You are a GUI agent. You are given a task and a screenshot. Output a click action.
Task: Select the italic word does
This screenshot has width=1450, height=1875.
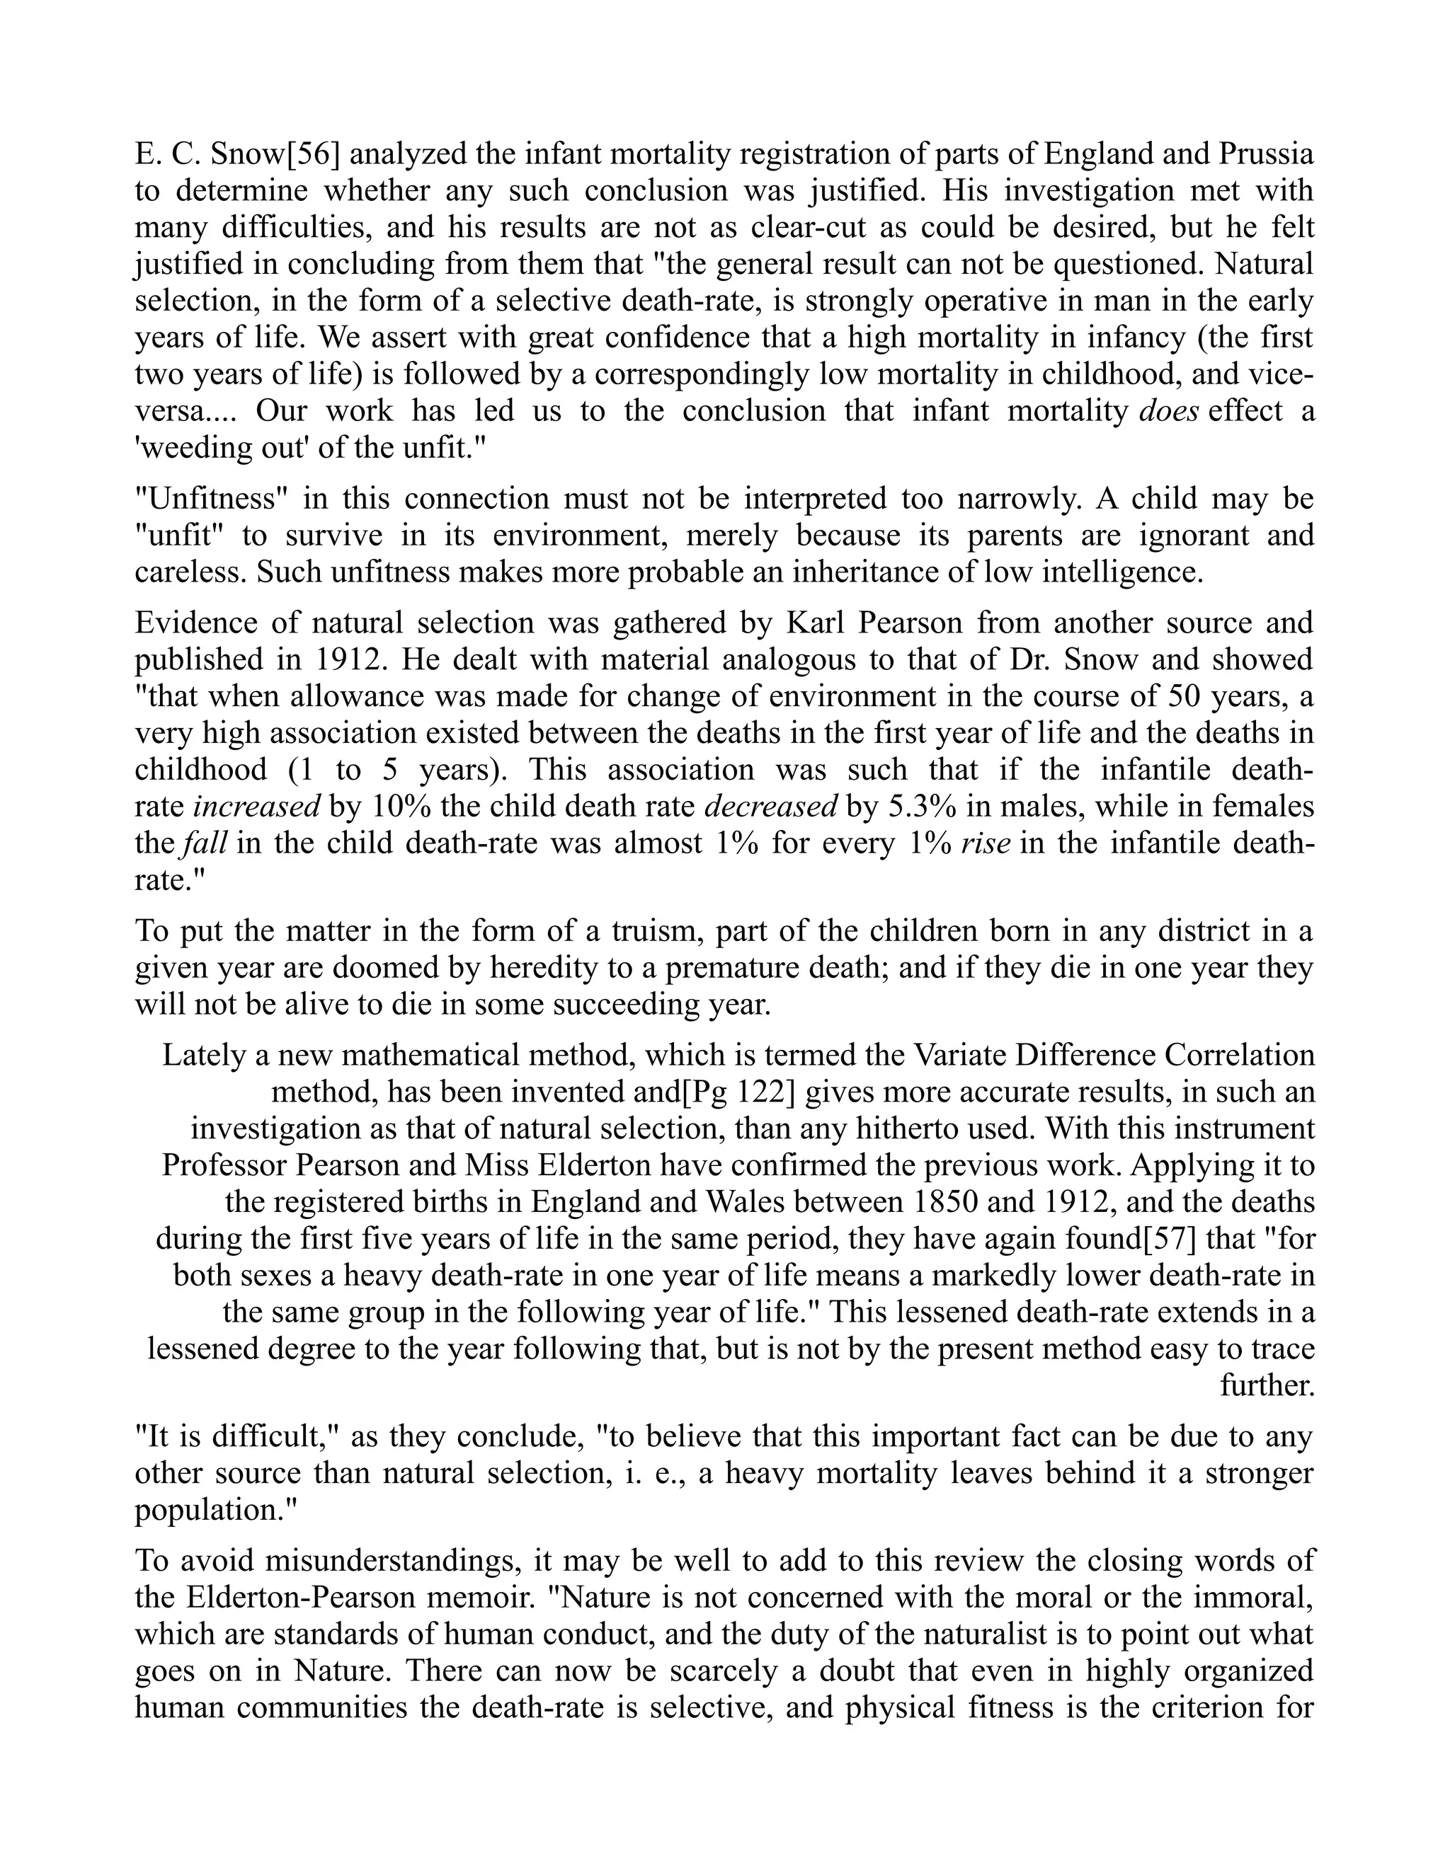click(x=1168, y=410)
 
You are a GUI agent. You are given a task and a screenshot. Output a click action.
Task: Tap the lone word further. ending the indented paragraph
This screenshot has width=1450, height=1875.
click(x=1267, y=1385)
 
